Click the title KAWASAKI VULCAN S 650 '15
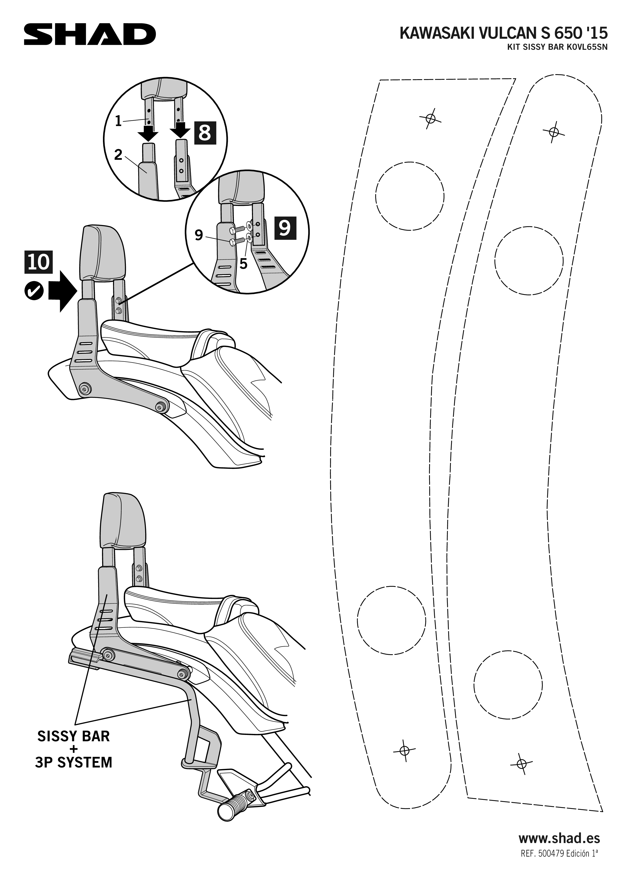pos(504,34)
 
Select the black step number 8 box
pos(205,133)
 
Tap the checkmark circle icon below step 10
pos(34,292)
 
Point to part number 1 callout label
pos(118,121)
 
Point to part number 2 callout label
pos(118,155)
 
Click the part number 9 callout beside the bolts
pos(199,235)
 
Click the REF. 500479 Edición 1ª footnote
pos(559,861)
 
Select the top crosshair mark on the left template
pos(431,118)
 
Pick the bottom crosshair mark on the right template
pos(521,763)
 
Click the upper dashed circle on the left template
pos(410,196)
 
